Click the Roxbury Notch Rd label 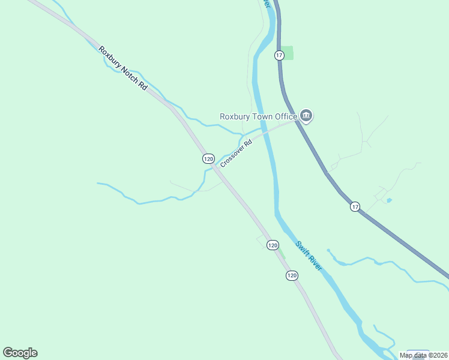point(123,68)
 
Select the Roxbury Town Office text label point(258,116)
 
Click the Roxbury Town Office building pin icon point(306,116)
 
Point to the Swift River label point(309,255)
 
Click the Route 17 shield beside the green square point(279,55)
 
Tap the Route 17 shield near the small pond point(355,206)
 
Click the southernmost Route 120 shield point(292,275)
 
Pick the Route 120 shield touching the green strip point(273,245)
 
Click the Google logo point(20,353)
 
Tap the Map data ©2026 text point(423,355)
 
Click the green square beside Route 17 point(288,53)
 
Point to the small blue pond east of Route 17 point(389,200)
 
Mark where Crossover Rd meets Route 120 point(215,167)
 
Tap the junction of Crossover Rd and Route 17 point(296,121)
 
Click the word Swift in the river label point(302,248)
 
